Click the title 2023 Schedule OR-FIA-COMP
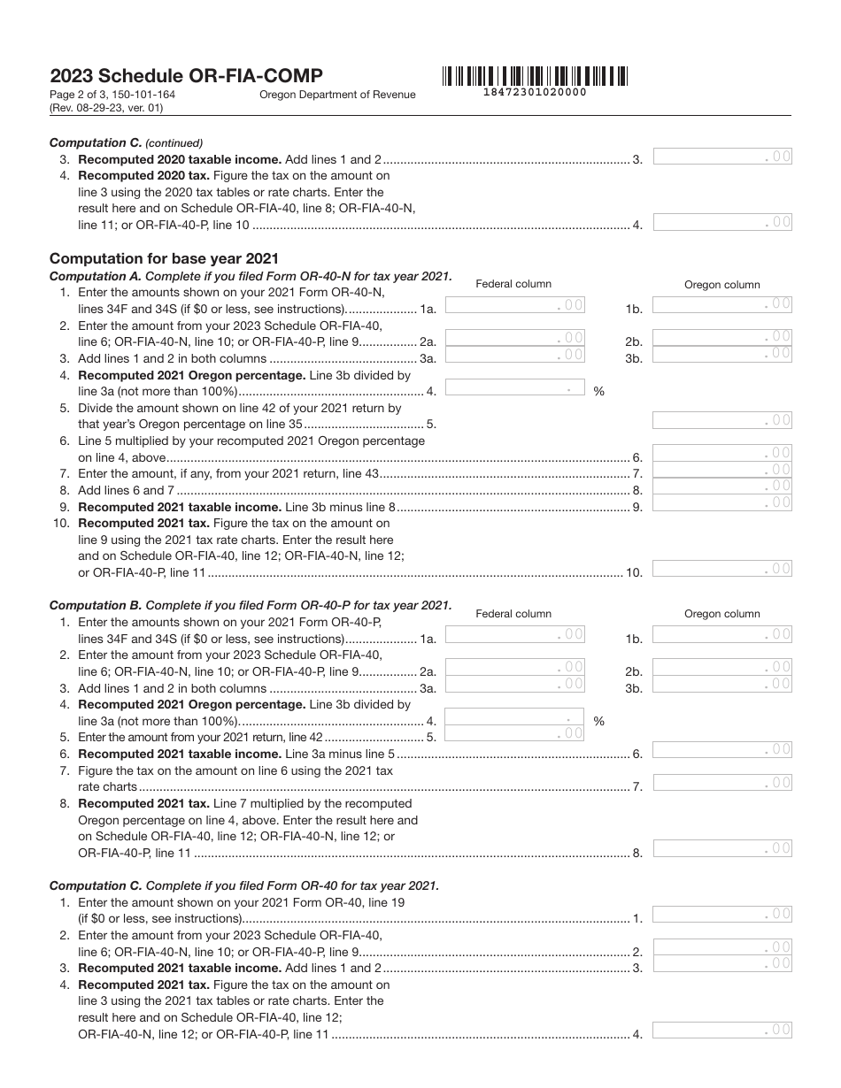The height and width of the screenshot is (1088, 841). pyautogui.click(x=186, y=76)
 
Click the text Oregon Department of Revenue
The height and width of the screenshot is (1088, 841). pyautogui.click(x=337, y=95)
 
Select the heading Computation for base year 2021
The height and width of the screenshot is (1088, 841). pyautogui.click(x=164, y=258)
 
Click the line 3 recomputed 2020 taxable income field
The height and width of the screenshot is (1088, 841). pyautogui.click(x=722, y=157)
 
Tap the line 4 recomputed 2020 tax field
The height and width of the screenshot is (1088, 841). pyautogui.click(x=722, y=222)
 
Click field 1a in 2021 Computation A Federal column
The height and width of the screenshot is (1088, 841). pyautogui.click(x=515, y=305)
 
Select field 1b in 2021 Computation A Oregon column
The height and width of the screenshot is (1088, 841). pyautogui.click(x=722, y=304)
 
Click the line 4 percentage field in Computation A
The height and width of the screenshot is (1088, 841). pyautogui.click(x=515, y=387)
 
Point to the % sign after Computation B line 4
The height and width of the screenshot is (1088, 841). pyautogui.click(x=599, y=721)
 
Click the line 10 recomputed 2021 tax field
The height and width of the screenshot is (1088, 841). pyautogui.click(x=722, y=569)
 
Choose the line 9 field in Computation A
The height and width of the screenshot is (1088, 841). pyautogui.click(x=722, y=503)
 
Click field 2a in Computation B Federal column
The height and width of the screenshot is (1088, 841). pyautogui.click(x=515, y=667)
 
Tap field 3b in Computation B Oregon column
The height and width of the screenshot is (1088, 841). pyautogui.click(x=722, y=684)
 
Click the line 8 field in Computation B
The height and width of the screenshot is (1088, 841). pyautogui.click(x=722, y=849)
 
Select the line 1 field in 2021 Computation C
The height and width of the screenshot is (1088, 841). pyautogui.click(x=722, y=915)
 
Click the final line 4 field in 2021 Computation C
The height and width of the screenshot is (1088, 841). pyautogui.click(x=722, y=1030)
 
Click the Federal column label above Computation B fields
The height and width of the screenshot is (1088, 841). pyautogui.click(x=513, y=613)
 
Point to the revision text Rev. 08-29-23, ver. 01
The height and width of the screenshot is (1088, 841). pyautogui.click(x=106, y=108)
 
